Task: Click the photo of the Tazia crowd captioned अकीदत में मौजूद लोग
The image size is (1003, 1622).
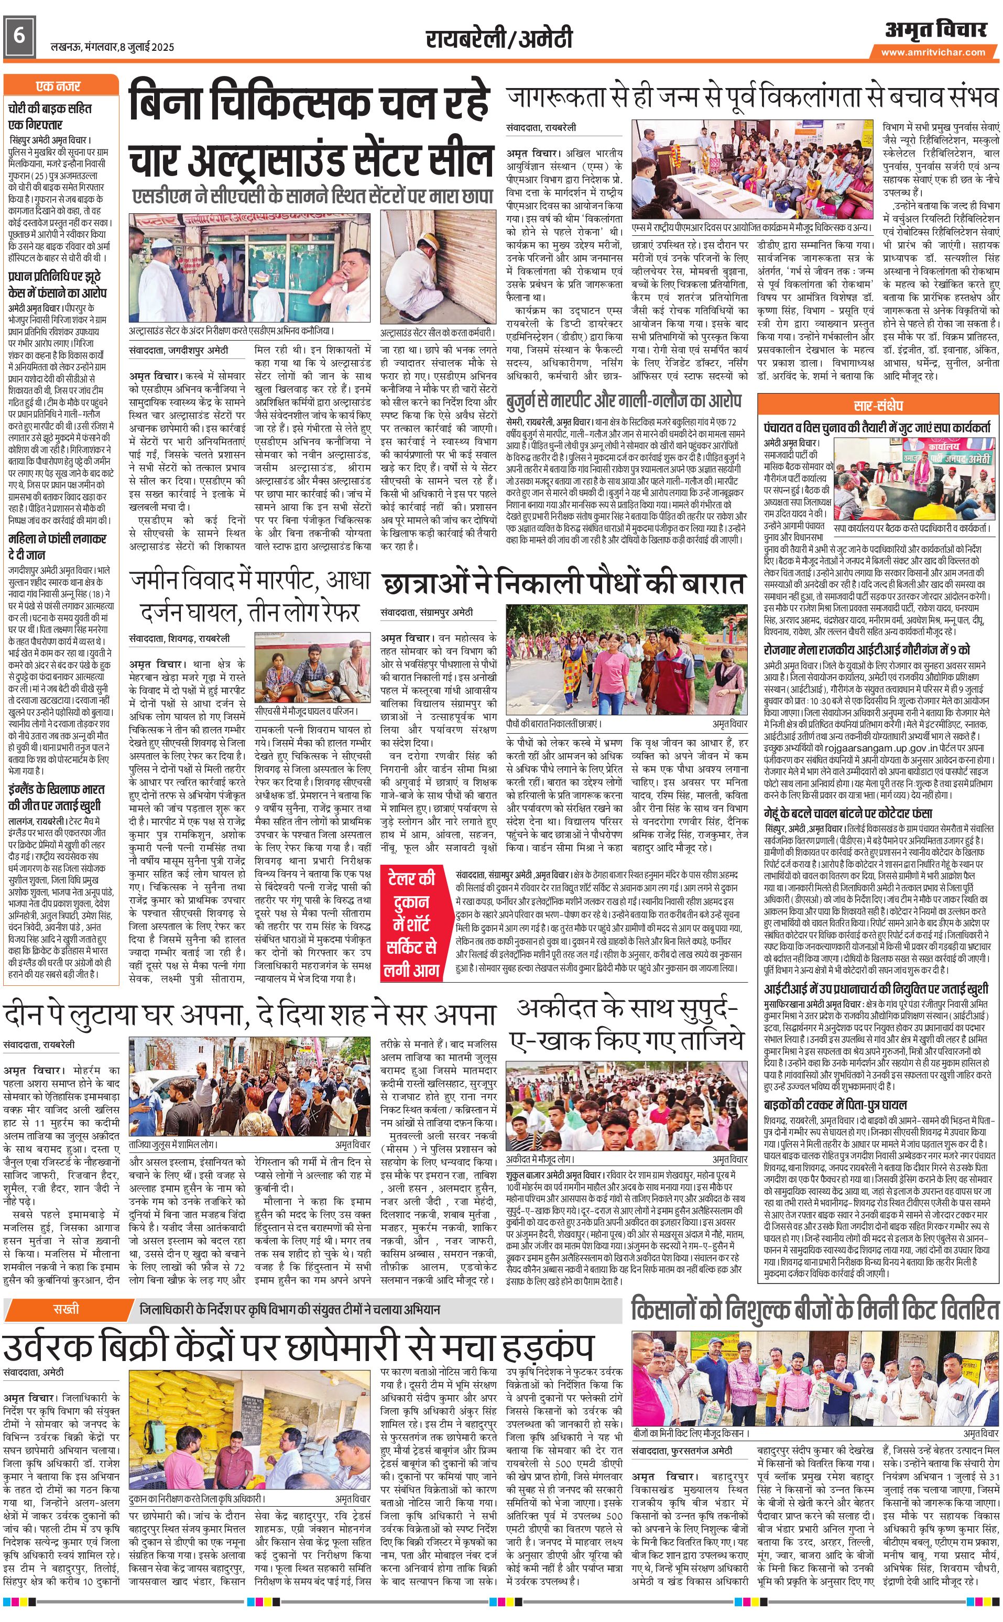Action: point(627,1090)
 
